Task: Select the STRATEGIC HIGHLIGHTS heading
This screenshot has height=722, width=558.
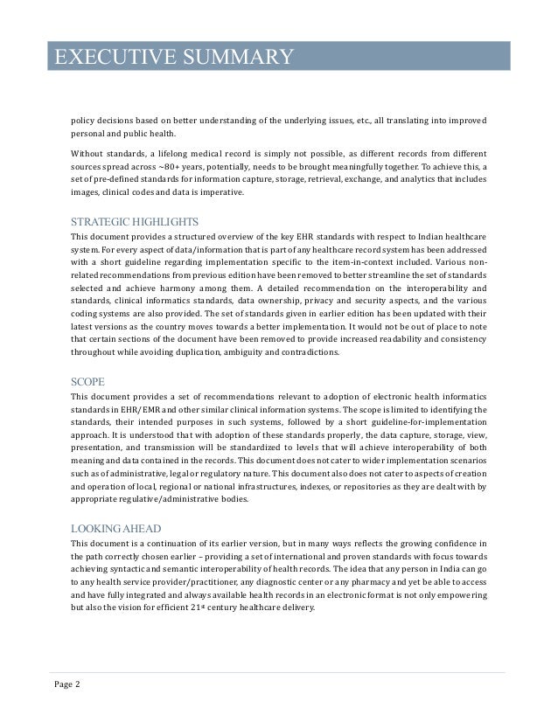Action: pyautogui.click(x=134, y=221)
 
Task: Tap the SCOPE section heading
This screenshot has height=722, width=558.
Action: pyautogui.click(x=88, y=382)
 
